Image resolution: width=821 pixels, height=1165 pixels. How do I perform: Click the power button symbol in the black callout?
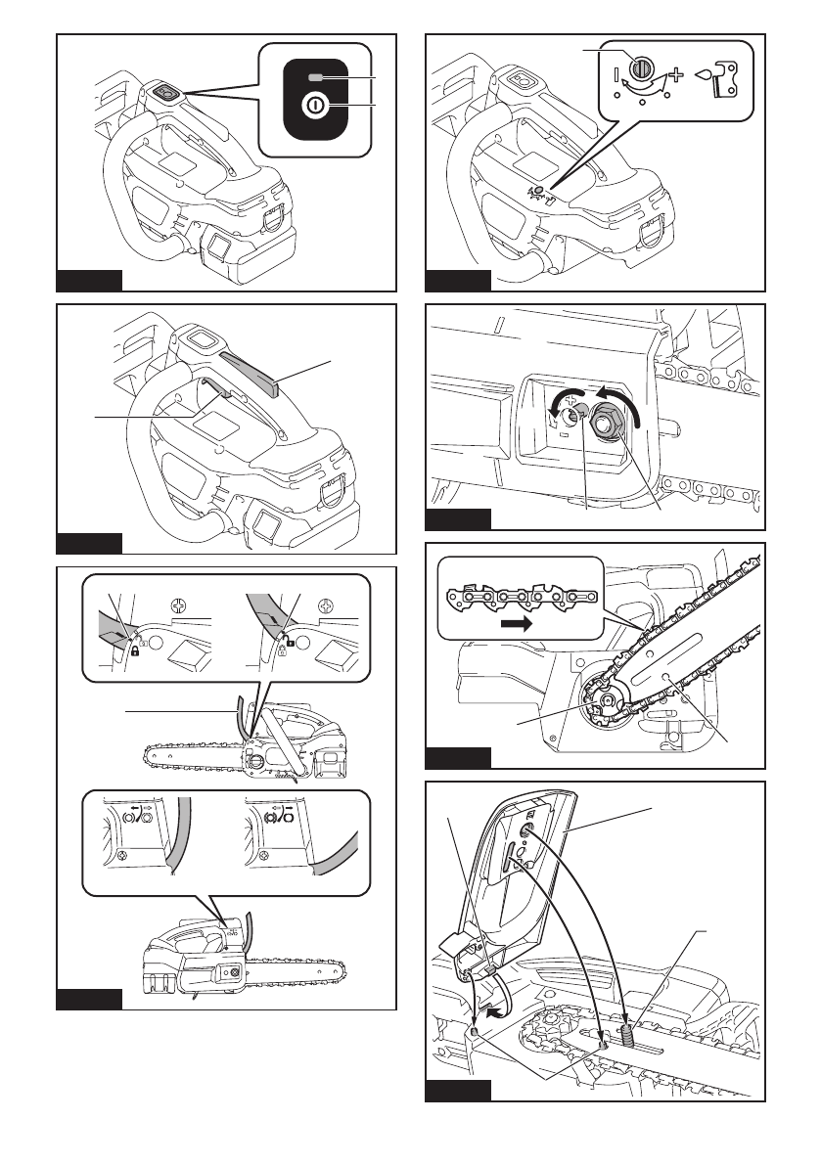314,104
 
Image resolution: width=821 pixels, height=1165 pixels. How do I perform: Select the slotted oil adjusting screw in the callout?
642,70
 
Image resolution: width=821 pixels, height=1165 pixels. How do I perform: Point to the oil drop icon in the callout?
701,71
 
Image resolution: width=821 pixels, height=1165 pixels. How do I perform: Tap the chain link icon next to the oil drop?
726,76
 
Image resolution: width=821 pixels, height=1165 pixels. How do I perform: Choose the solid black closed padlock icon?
133,649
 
